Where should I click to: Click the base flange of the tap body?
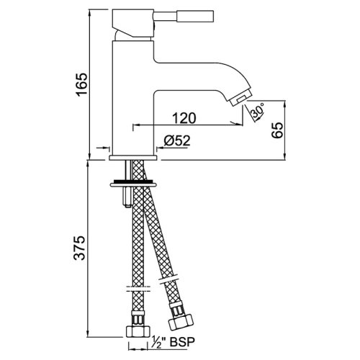pyautogui.click(x=135, y=156)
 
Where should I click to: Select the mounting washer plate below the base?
pyautogui.click(x=134, y=183)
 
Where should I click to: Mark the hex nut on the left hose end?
pyautogui.click(x=135, y=333)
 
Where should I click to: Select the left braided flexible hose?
pyautogui.click(x=135, y=245)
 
